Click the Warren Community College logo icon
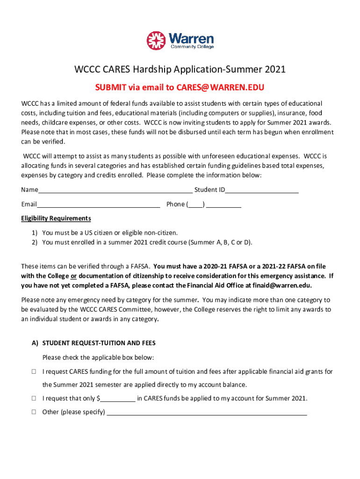156,41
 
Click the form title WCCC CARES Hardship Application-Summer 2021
180,70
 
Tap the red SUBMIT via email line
180,87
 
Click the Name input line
115,190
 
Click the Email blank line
98,204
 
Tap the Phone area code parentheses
196,204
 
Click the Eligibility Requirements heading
56,218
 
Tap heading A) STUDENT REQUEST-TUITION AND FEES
94,343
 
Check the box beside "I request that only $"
34,399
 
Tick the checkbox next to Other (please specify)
34,413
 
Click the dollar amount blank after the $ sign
118,399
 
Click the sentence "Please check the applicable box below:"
98,358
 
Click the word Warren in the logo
191,38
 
